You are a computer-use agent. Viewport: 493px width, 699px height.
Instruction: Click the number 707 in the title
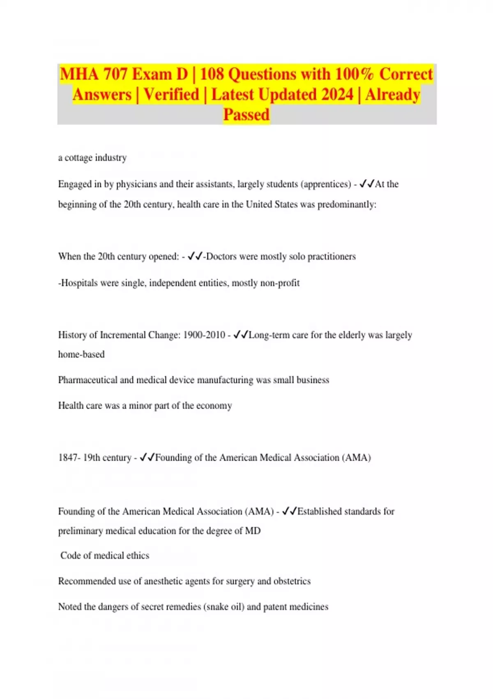click(x=115, y=74)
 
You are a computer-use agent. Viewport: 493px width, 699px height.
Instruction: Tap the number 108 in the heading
click(x=212, y=74)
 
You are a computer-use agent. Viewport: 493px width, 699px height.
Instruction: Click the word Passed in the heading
click(x=246, y=115)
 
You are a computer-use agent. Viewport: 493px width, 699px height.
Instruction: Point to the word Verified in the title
click(x=171, y=95)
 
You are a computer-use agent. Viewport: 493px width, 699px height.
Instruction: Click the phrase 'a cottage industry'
click(x=92, y=158)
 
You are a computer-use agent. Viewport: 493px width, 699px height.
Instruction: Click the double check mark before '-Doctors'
click(x=195, y=257)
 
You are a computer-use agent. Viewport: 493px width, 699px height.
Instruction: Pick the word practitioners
click(x=332, y=257)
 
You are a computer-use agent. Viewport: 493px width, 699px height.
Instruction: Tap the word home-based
click(x=81, y=354)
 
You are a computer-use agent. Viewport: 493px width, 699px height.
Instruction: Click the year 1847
click(x=67, y=458)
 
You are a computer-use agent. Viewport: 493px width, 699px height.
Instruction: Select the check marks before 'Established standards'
click(x=290, y=512)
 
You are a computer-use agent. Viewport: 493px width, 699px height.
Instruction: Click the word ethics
click(x=138, y=555)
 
